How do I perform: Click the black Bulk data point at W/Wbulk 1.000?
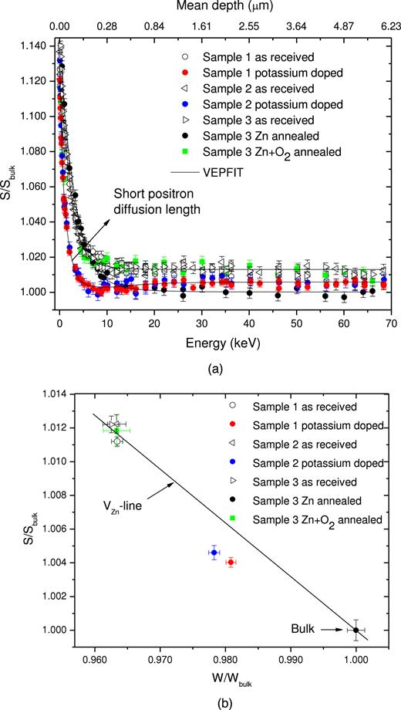pyautogui.click(x=356, y=630)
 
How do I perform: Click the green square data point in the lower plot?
pyautogui.click(x=117, y=431)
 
